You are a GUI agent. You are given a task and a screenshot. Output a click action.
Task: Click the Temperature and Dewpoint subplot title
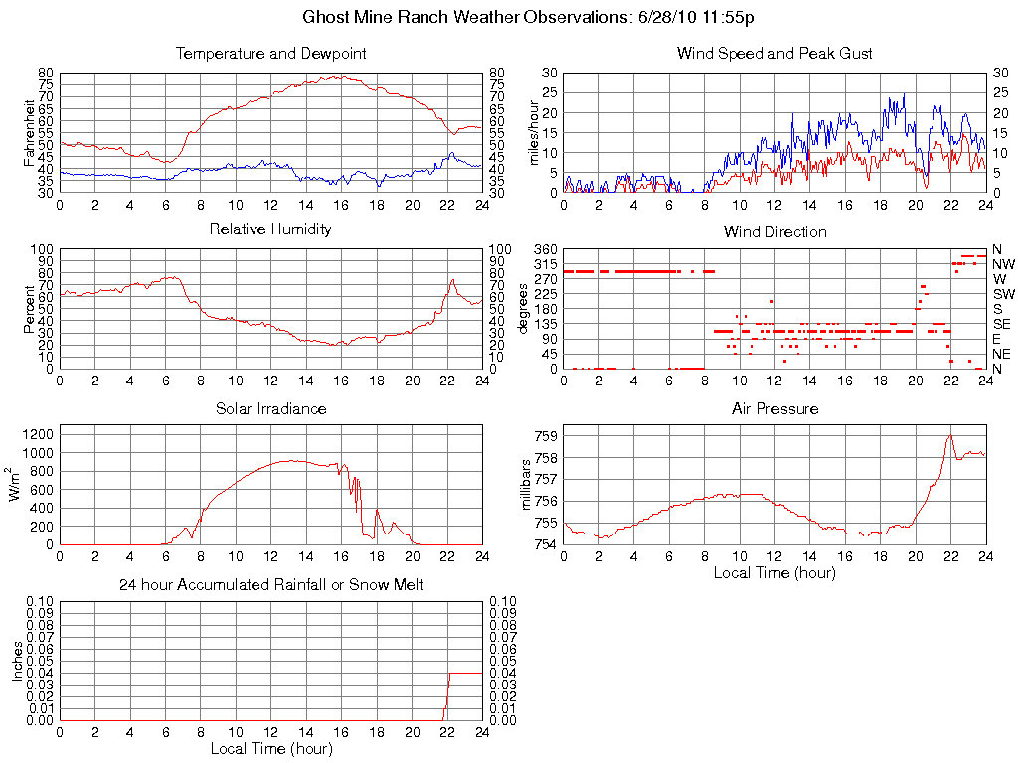click(270, 53)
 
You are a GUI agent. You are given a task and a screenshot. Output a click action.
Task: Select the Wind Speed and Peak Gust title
click(774, 53)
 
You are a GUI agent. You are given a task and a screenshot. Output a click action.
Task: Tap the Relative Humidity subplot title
click(270, 229)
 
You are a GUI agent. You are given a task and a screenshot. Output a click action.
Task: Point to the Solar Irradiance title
click(270, 408)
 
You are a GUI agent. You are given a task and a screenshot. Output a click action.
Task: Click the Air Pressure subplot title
click(774, 408)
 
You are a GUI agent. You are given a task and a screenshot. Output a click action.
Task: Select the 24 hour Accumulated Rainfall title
click(270, 585)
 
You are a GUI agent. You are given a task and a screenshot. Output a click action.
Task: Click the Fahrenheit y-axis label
click(29, 132)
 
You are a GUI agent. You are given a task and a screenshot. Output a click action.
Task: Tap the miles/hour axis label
click(533, 132)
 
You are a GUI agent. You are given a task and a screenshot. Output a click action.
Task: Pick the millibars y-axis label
click(526, 485)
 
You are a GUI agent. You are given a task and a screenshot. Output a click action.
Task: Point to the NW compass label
click(1002, 264)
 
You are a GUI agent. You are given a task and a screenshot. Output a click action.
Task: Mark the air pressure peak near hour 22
click(949, 436)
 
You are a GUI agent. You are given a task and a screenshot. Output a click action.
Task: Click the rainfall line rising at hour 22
click(446, 695)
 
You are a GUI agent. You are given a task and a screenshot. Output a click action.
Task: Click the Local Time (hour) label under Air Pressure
click(774, 572)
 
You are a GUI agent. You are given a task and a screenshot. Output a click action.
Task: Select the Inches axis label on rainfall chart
click(17, 661)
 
